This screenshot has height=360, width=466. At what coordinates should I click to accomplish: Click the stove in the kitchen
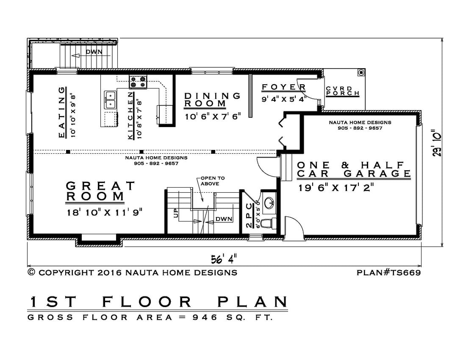(138, 82)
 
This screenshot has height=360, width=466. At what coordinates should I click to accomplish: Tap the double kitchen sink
(110, 100)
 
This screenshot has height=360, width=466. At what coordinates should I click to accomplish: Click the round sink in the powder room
(270, 202)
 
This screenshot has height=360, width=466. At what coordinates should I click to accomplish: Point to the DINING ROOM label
(212, 100)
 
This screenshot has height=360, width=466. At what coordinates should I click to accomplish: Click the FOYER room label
(284, 87)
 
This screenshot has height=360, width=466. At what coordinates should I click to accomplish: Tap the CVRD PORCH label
(343, 91)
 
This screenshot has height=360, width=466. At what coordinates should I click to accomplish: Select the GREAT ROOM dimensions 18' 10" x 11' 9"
(105, 212)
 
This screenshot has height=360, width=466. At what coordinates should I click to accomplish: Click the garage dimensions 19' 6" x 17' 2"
(336, 188)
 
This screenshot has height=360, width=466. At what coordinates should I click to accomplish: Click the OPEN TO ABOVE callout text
(212, 181)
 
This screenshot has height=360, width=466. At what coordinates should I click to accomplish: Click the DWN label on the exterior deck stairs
(94, 52)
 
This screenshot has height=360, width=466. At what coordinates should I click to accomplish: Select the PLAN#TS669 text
(389, 272)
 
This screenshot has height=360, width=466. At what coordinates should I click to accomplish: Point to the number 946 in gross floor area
(205, 317)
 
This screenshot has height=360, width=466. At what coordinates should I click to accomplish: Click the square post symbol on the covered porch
(361, 72)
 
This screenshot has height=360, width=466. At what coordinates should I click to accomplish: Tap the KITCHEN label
(130, 116)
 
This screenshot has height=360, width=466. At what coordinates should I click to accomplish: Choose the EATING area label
(61, 112)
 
